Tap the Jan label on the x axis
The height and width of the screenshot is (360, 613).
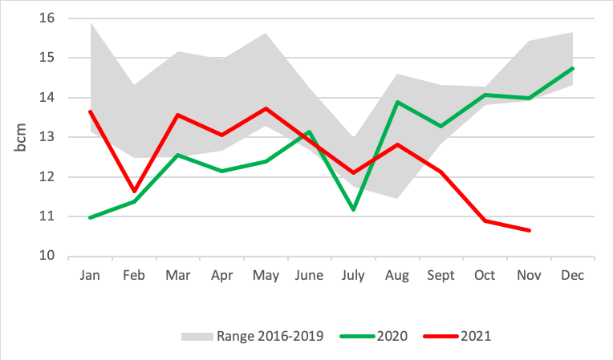(x=91, y=275)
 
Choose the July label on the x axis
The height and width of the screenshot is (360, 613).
(x=354, y=275)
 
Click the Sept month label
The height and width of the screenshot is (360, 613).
(x=440, y=275)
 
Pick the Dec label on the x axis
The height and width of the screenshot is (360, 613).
(x=572, y=275)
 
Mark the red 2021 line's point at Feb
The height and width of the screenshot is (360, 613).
(x=135, y=191)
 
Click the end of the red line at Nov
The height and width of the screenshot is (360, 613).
(x=529, y=230)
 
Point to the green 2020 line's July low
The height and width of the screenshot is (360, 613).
(x=354, y=209)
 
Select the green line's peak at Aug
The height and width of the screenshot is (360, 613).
(x=398, y=102)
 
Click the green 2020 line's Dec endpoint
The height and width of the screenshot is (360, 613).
(x=572, y=68)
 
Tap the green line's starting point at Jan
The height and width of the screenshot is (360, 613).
(x=91, y=217)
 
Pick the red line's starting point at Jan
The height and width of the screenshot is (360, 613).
(x=91, y=111)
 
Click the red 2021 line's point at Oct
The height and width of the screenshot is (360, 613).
(x=485, y=220)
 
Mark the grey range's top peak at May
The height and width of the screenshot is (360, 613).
(x=266, y=34)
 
